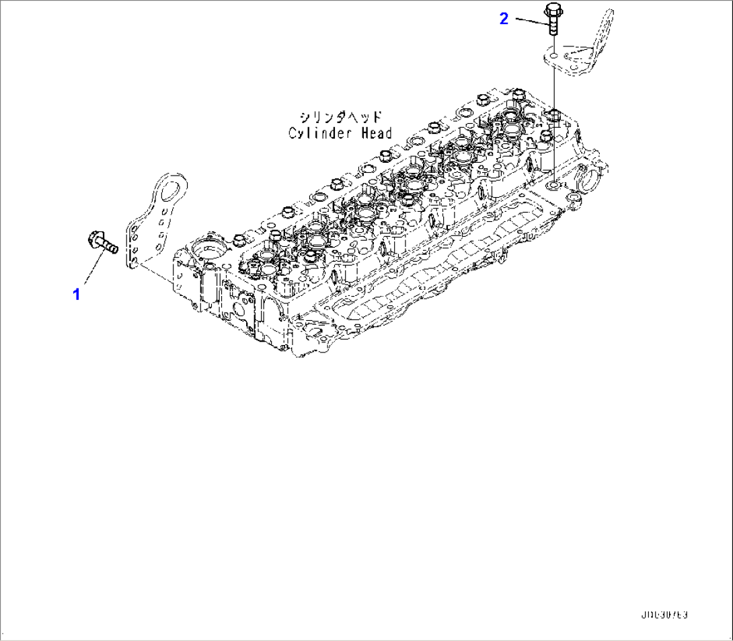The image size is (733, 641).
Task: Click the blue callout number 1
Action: coord(77,294)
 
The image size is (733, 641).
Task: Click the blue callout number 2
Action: coord(504,19)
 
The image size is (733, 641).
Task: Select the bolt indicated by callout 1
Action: coord(103,243)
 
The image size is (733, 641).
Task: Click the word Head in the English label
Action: coord(376,133)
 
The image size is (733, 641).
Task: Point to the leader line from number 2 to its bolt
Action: coord(531,21)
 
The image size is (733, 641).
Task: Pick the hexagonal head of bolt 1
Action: coord(95,237)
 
